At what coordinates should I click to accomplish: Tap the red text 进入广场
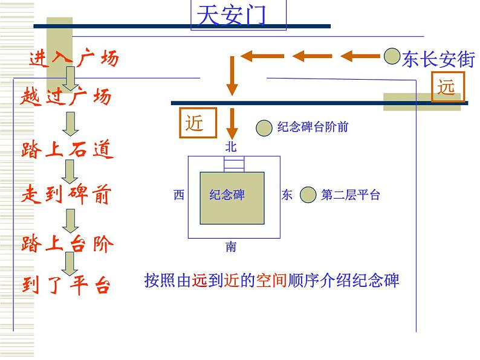[73, 59]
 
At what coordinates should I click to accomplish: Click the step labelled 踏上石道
[67, 149]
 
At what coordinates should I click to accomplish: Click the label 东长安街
[438, 59]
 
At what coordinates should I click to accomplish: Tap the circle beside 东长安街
[391, 56]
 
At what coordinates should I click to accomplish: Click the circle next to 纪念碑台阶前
[264, 127]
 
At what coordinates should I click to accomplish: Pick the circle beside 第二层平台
[308, 194]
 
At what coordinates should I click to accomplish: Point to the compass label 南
[231, 246]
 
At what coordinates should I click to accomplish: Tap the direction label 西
[178, 194]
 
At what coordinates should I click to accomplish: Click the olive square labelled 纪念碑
[232, 194]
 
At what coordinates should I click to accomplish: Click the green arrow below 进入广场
[70, 77]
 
